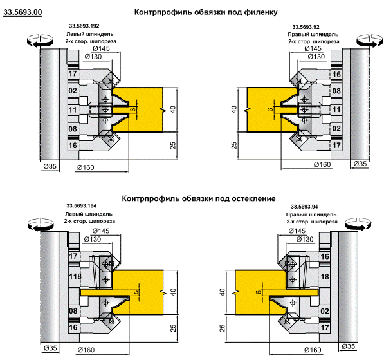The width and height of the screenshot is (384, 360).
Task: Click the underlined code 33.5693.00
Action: [x=23, y=12]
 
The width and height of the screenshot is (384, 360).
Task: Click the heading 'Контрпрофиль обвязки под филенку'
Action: [x=206, y=12]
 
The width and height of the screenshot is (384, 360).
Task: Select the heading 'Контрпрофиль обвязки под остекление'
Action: [x=199, y=198]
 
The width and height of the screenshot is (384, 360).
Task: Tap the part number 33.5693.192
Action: [x=84, y=26]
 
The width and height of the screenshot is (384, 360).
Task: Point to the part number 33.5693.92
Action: [x=306, y=27]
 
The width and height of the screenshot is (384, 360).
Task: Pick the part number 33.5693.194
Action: [x=82, y=205]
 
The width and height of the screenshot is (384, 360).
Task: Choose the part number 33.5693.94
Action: [x=304, y=207]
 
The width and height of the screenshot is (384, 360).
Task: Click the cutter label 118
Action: [x=75, y=276]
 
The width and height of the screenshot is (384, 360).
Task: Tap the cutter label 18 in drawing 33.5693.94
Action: [x=324, y=277]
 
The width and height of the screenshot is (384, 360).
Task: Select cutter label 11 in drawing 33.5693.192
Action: [x=73, y=109]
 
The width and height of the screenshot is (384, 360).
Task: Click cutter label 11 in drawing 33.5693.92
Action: [x=336, y=109]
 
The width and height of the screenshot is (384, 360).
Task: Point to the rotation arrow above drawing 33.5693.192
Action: [x=40, y=40]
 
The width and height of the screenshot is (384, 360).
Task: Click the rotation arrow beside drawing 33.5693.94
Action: [x=358, y=224]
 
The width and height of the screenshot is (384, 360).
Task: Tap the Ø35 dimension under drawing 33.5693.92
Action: [x=360, y=164]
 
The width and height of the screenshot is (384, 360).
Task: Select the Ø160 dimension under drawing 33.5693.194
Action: [x=86, y=350]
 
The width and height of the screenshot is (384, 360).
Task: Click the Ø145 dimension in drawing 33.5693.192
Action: [x=101, y=48]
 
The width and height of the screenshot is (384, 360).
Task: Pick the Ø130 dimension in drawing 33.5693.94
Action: [x=305, y=239]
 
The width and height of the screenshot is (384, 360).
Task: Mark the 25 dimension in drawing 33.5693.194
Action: [x=173, y=328]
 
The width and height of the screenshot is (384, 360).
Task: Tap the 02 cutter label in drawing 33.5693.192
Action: [x=73, y=91]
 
